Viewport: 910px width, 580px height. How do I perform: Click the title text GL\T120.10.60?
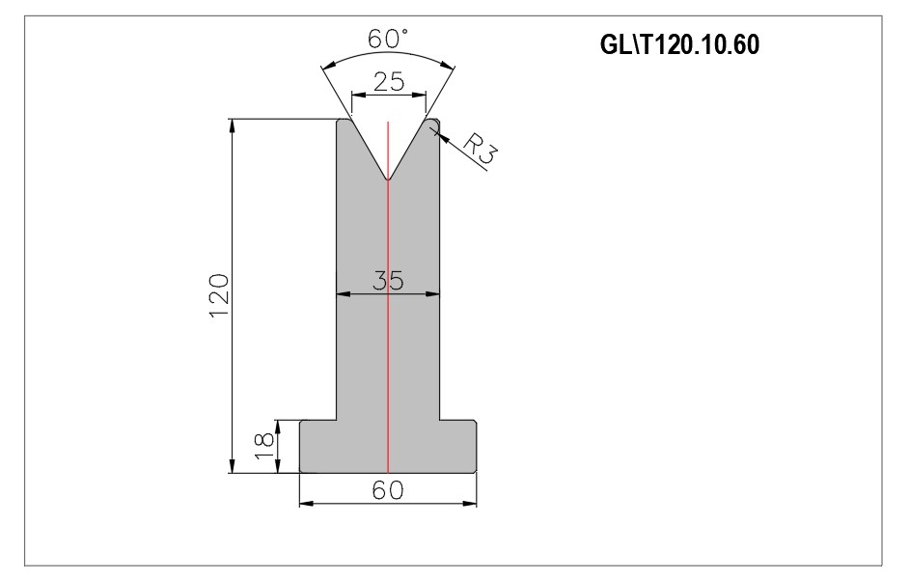point(679,44)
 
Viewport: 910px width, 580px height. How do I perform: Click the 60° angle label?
point(388,39)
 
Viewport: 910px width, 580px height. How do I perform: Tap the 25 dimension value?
point(389,82)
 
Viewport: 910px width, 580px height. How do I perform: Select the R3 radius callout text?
point(481,150)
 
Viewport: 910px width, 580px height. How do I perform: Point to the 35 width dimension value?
point(388,281)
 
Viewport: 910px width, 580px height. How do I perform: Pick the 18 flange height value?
point(264,446)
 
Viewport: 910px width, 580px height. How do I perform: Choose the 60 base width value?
point(388,490)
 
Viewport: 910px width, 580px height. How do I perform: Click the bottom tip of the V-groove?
point(388,180)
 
